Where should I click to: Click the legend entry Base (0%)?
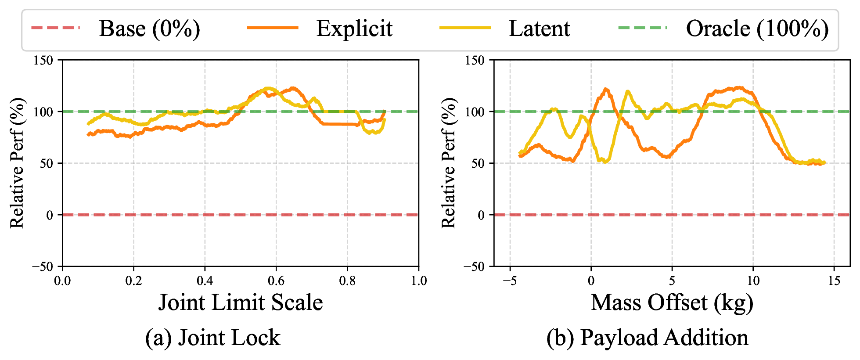tap(149, 29)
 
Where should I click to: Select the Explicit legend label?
tap(354, 29)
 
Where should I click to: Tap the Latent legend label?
tap(539, 29)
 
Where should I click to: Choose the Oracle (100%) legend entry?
tap(757, 29)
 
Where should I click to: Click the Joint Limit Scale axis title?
tap(241, 302)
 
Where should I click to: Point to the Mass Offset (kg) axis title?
tap(672, 302)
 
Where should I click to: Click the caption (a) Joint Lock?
tap(213, 338)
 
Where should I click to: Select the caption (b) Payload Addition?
tap(647, 338)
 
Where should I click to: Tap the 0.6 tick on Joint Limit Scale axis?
tap(276, 281)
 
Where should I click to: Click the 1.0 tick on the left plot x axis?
tap(419, 281)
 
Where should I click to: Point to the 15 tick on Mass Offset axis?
tap(834, 281)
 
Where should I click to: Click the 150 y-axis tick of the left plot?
tap(43, 60)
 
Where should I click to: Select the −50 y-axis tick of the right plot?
tap(474, 266)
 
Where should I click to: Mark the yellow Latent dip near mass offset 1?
tap(605, 162)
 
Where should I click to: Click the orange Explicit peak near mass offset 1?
tap(606, 89)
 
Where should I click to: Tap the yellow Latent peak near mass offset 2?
tap(628, 92)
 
